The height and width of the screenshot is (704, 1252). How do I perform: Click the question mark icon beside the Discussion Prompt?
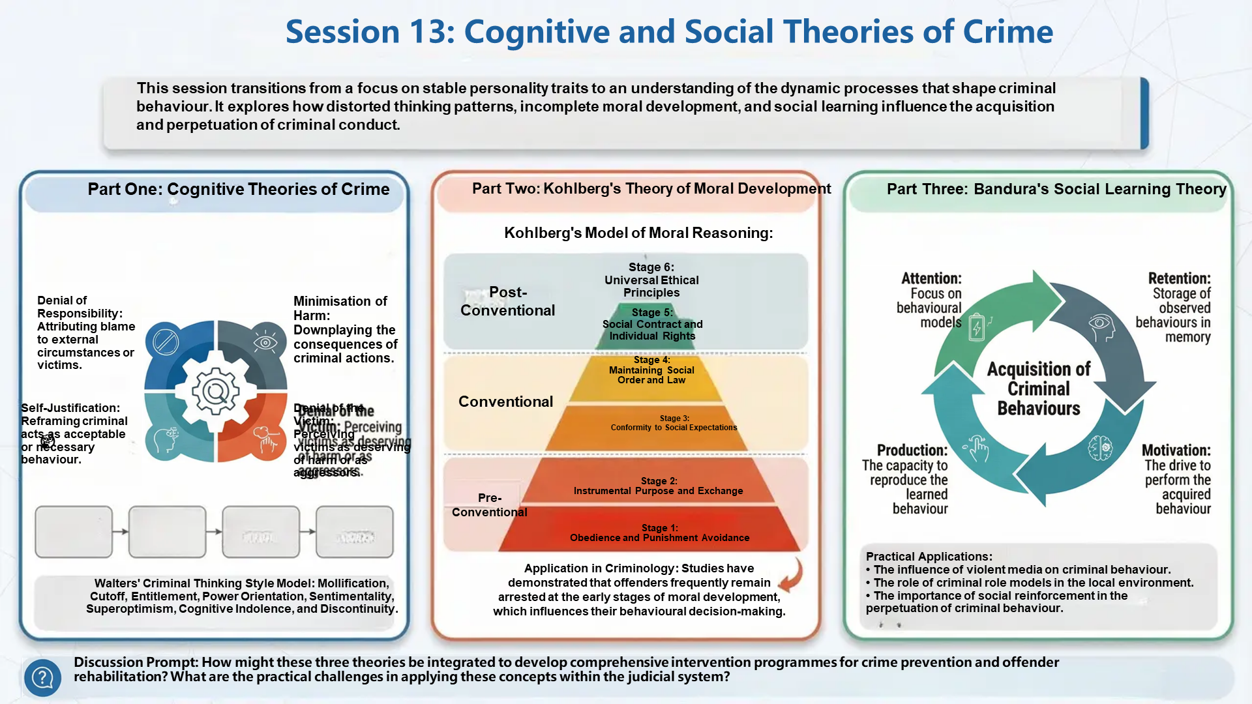42,677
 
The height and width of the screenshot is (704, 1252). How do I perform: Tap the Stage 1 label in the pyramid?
659,533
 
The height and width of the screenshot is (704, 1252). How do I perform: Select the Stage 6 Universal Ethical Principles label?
651,280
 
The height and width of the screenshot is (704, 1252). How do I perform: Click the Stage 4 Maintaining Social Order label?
651,370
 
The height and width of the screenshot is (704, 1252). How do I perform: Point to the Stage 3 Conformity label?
674,423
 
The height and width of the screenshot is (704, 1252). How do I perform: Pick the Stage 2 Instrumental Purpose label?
658,486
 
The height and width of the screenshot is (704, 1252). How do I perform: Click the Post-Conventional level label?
507,301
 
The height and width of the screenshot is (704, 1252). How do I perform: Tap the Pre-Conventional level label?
489,505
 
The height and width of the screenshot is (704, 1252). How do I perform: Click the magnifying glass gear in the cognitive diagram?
215,391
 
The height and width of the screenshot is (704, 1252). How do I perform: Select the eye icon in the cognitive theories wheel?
265,342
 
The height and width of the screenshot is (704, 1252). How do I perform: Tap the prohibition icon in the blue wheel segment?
166,342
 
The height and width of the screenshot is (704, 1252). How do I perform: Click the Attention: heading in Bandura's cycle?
931,278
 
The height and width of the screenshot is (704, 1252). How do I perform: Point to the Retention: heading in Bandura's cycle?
1179,278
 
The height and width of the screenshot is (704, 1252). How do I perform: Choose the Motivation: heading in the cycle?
1176,450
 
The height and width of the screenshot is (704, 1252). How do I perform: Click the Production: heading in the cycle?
912,450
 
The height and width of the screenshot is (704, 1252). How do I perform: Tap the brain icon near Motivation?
1100,448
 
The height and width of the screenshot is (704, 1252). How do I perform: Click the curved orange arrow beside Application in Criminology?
791,575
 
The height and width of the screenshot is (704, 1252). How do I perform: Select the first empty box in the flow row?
74,532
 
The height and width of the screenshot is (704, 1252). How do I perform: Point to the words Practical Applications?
929,556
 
